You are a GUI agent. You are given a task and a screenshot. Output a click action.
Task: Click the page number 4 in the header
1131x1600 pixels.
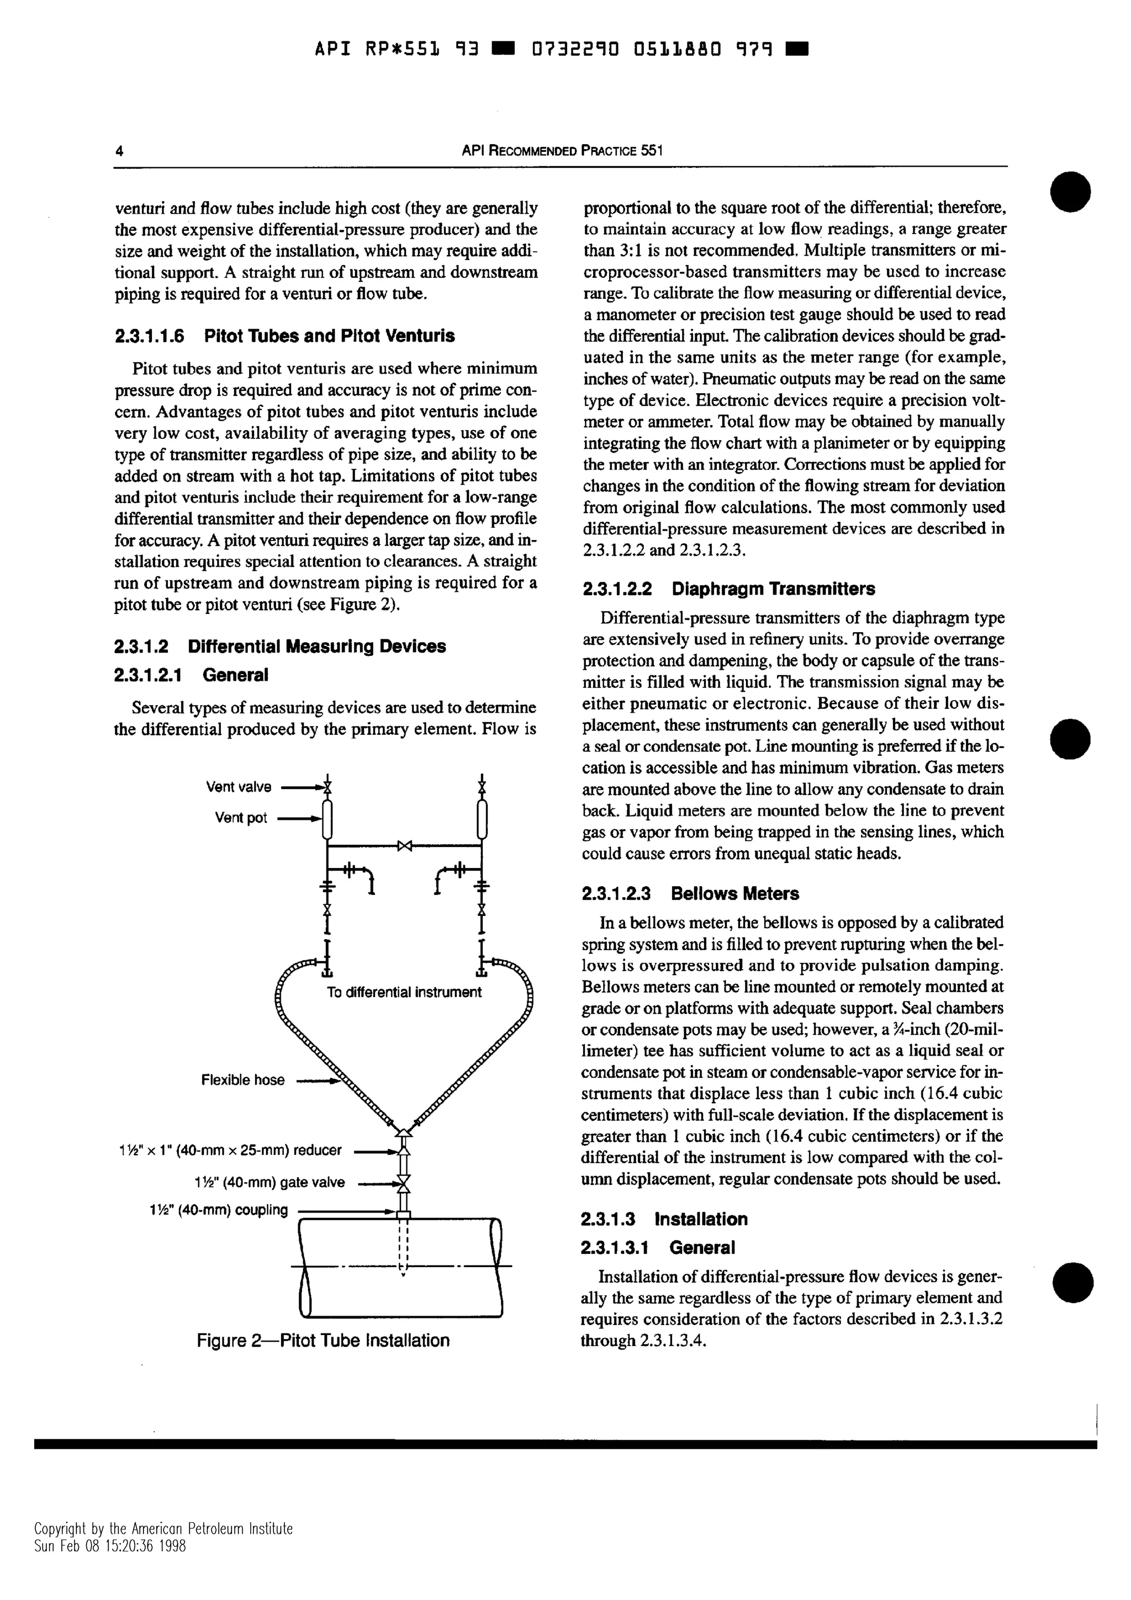(x=119, y=151)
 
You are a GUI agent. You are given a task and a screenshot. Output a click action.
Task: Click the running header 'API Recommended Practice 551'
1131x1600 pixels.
(x=562, y=151)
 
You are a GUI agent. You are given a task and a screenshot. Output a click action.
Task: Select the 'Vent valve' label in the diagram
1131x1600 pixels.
(x=239, y=787)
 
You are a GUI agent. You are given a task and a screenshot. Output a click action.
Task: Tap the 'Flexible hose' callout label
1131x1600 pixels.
(x=242, y=1080)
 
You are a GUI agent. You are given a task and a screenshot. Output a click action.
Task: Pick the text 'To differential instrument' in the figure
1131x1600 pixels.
(x=404, y=992)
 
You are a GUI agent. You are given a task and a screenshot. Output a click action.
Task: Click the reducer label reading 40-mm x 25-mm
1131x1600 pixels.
(x=231, y=1150)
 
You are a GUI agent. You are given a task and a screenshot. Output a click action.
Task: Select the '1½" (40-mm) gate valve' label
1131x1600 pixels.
(x=269, y=1182)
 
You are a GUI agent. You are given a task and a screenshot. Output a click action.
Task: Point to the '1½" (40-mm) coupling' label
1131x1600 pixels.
(x=219, y=1210)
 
